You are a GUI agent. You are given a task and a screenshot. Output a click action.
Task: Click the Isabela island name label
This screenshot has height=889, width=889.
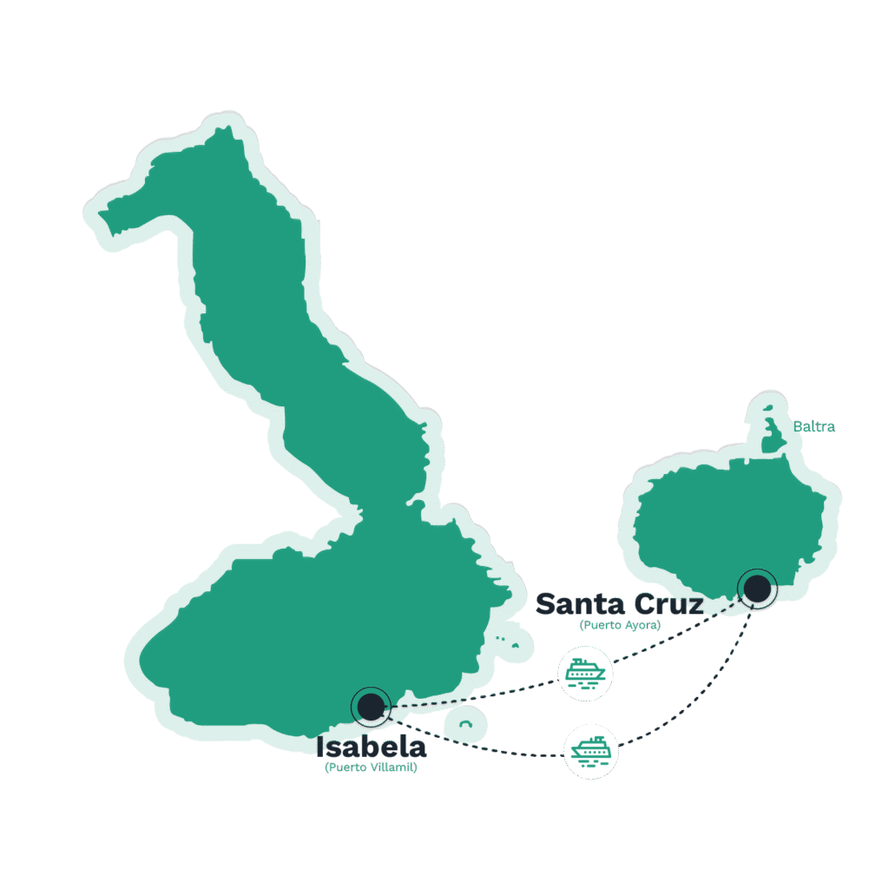point(371,747)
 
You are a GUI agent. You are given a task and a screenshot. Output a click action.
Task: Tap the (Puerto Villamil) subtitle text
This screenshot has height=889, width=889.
point(371,767)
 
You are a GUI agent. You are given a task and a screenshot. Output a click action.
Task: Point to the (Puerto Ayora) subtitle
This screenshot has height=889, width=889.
point(620,625)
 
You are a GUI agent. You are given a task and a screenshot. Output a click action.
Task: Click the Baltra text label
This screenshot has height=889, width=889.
point(813,426)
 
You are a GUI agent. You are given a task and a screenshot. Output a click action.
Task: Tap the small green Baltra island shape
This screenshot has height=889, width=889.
point(772,431)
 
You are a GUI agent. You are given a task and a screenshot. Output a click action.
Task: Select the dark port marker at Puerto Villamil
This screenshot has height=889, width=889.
point(371,707)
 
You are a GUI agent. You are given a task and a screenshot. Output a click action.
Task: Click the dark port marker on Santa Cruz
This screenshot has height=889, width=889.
point(757,589)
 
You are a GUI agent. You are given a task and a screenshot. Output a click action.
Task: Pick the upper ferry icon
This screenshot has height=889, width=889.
point(585,674)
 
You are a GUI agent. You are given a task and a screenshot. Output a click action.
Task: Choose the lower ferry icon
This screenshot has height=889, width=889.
point(590,752)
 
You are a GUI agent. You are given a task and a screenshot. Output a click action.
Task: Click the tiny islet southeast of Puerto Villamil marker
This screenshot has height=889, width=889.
point(465,724)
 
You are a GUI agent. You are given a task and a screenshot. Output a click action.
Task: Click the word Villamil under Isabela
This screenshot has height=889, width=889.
point(393,767)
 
